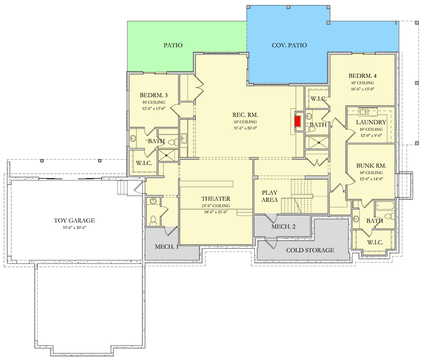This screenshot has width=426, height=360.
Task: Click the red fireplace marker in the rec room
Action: (298, 121)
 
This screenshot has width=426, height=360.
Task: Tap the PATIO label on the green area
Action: (173, 45)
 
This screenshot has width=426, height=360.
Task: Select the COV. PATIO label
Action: (290, 45)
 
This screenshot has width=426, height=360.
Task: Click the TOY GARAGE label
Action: (74, 220)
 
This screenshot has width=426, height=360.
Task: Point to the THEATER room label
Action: (216, 199)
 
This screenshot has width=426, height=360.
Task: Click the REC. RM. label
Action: (245, 115)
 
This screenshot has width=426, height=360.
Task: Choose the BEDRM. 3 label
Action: (154, 95)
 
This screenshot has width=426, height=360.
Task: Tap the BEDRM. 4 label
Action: (363, 76)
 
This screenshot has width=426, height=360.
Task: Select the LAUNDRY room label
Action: (371, 122)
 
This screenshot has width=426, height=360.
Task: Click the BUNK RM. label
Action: (371, 166)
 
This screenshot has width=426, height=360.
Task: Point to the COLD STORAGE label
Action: (310, 250)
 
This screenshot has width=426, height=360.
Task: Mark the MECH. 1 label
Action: (167, 247)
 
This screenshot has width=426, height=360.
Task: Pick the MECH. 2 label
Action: (283, 226)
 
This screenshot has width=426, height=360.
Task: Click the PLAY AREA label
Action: (269, 196)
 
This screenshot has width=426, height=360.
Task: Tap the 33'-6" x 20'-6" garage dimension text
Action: (74, 228)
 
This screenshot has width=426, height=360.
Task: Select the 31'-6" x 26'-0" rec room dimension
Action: (245, 128)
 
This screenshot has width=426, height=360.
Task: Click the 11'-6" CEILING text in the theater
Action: (216, 206)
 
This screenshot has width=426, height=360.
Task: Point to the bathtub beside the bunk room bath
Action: (385, 206)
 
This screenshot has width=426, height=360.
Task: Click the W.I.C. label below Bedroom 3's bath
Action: (144, 163)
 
